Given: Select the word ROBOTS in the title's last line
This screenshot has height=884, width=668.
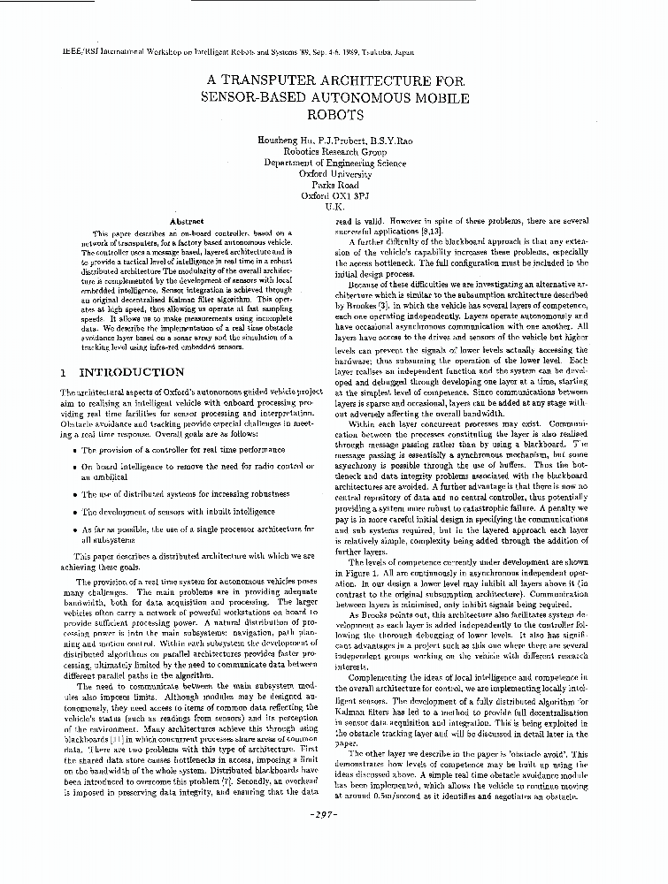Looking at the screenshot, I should point(334,114).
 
